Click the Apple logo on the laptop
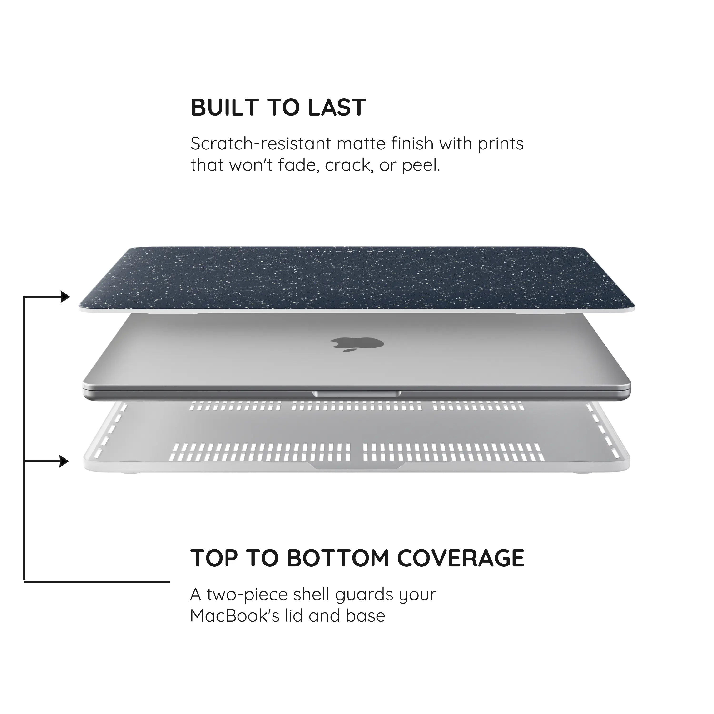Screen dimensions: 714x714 point(357,344)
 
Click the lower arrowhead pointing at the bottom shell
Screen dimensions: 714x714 point(64,461)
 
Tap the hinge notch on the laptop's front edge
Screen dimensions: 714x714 point(357,394)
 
